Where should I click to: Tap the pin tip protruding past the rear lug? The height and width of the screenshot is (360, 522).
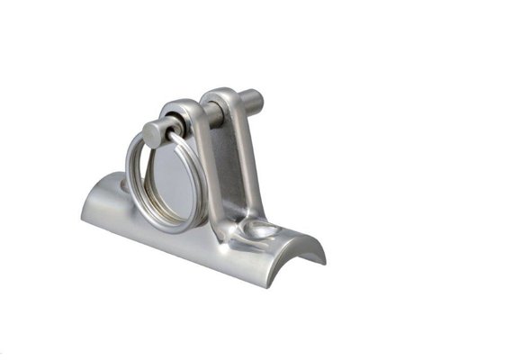pos(255,101)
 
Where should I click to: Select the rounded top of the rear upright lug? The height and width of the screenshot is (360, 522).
pos(220,94)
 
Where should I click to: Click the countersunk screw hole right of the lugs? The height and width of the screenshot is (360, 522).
pos(264,230)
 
